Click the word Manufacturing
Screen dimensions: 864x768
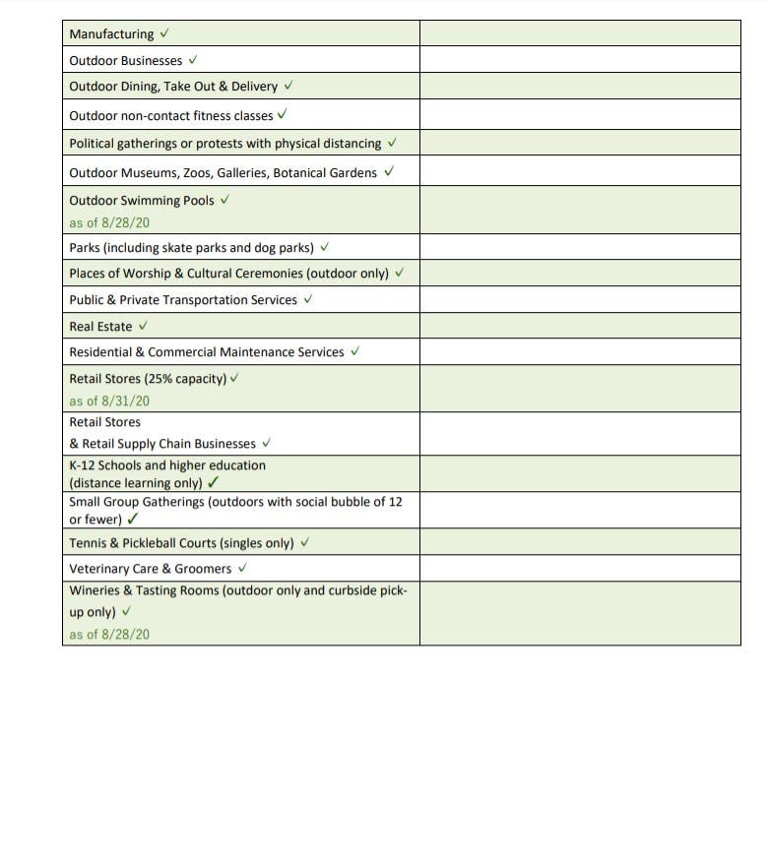(x=111, y=34)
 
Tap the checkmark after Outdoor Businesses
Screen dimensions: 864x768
(x=193, y=60)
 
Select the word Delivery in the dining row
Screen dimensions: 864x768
(x=254, y=87)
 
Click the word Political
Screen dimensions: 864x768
(x=92, y=144)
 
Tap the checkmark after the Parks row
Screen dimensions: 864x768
(x=325, y=247)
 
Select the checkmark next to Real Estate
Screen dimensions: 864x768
(x=143, y=326)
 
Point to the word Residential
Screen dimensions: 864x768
(x=100, y=352)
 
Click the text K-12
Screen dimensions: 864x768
(x=83, y=465)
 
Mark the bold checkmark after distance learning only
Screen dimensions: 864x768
(x=214, y=482)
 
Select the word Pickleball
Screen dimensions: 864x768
(x=155, y=543)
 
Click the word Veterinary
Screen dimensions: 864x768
(x=97, y=569)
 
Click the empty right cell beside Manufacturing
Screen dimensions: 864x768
(x=579, y=34)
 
